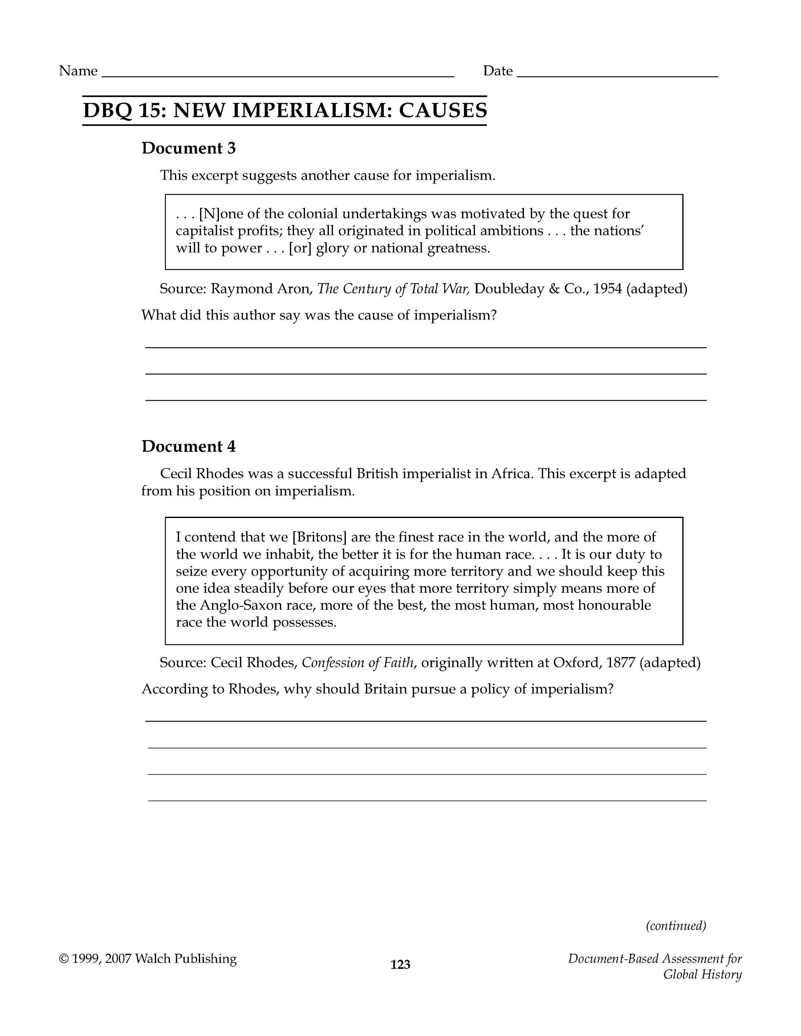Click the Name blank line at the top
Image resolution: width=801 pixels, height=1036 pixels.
tap(278, 75)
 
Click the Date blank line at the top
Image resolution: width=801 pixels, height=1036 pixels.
tap(617, 75)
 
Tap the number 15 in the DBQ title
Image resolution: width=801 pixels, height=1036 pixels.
tap(151, 111)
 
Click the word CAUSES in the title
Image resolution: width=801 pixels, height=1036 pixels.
tap(443, 111)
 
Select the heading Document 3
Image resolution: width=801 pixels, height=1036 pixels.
tap(189, 149)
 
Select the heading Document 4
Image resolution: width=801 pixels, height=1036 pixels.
tap(189, 446)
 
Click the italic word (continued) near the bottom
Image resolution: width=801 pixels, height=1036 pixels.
tap(676, 925)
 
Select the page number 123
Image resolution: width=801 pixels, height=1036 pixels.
tap(400, 964)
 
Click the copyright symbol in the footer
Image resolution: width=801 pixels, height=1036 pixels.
tap(63, 959)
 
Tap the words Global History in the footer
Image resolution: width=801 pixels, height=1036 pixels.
tap(702, 975)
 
